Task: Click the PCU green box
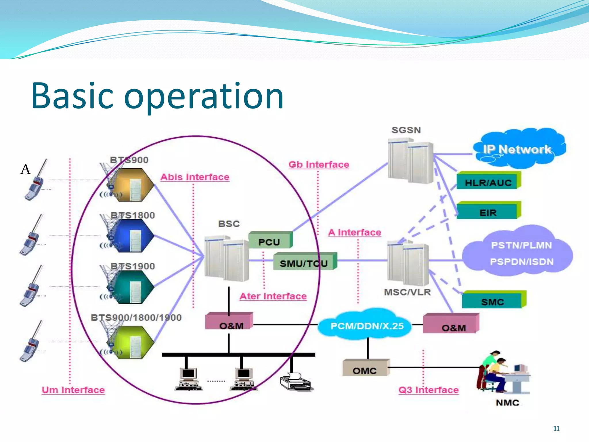click(270, 240)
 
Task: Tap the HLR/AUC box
click(488, 181)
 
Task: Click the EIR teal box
click(488, 212)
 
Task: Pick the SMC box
click(493, 301)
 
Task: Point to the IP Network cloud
click(517, 149)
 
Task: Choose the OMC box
click(365, 369)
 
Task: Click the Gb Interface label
click(319, 165)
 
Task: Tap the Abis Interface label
click(195, 177)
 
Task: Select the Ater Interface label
click(273, 296)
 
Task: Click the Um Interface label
click(73, 390)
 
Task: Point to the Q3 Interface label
click(428, 390)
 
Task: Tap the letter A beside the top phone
click(25, 169)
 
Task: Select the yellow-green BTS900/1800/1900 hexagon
click(133, 342)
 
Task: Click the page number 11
click(556, 428)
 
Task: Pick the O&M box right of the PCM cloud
click(451, 324)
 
